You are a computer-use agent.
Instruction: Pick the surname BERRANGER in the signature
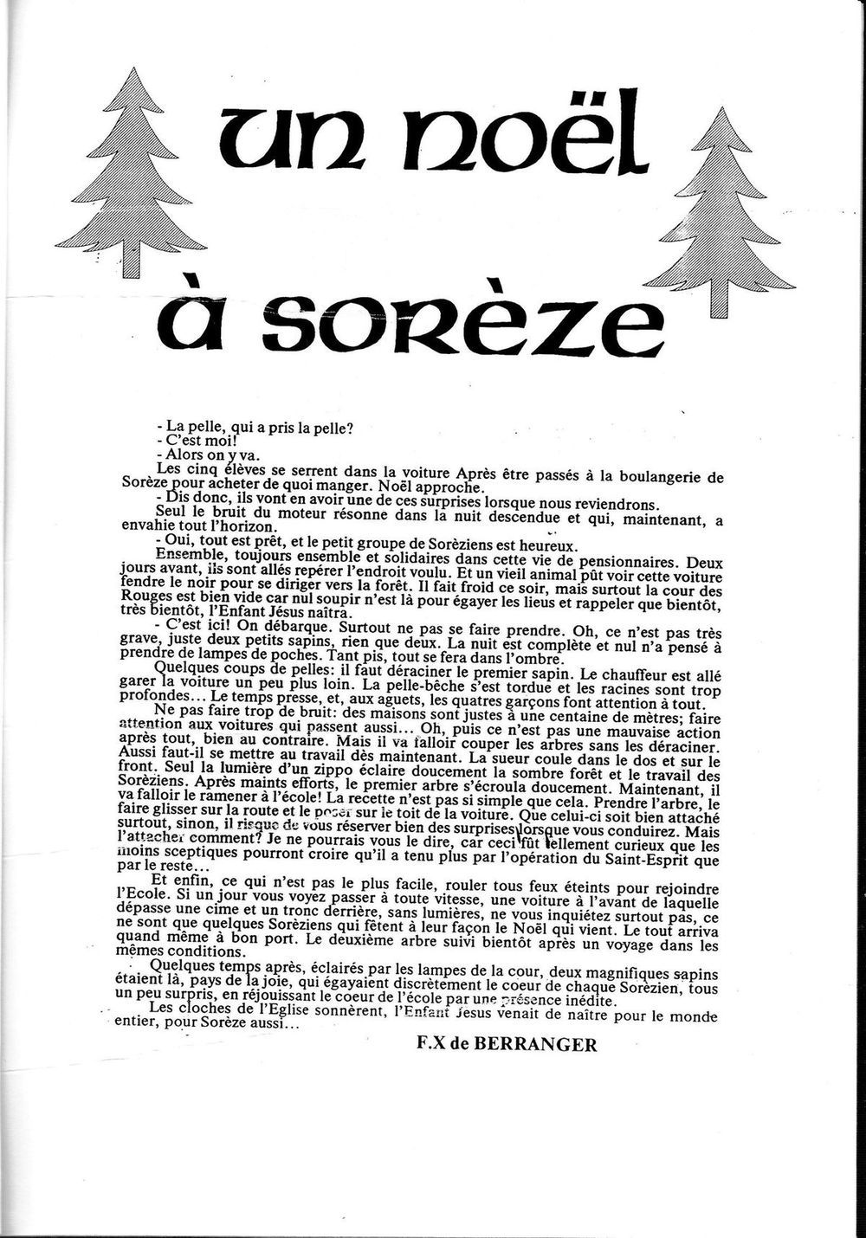(544, 1044)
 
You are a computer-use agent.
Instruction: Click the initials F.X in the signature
(430, 1044)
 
